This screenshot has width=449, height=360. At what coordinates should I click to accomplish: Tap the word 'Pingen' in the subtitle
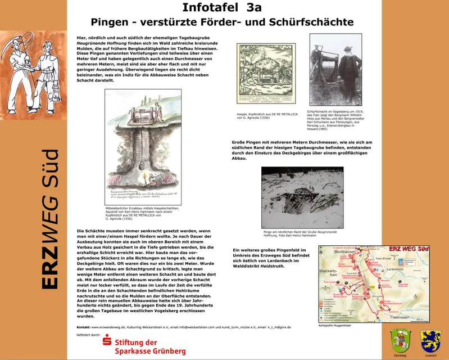[110, 22]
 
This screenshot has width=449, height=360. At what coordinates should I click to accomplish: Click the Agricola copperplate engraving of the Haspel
[266, 73]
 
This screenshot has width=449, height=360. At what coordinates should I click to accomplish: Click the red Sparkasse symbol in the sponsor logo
[106, 344]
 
